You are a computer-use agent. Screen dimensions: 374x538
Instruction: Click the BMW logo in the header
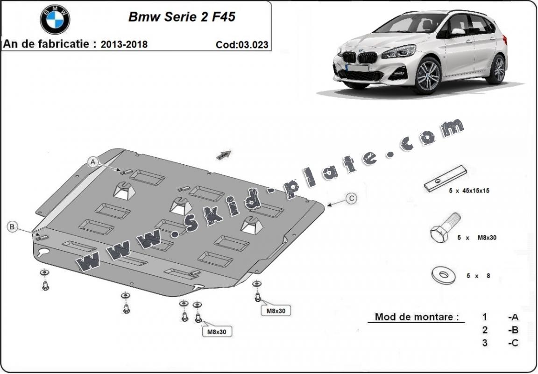[55, 19]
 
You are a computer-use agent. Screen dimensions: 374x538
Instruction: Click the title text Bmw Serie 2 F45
[182, 17]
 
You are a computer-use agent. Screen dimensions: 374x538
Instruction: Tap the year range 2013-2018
[124, 45]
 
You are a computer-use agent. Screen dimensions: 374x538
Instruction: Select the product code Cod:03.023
[242, 45]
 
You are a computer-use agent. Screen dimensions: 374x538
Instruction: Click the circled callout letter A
[93, 162]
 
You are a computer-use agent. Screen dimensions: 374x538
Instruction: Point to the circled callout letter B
[13, 227]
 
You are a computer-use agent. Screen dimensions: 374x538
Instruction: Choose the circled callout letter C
[351, 198]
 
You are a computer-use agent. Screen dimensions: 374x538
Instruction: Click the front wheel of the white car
[427, 76]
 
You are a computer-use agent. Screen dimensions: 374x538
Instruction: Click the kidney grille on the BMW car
[360, 57]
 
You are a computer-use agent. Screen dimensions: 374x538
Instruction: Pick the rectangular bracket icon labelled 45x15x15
[446, 178]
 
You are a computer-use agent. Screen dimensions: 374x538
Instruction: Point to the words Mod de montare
[414, 317]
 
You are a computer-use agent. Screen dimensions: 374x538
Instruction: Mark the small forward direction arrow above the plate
[224, 155]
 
